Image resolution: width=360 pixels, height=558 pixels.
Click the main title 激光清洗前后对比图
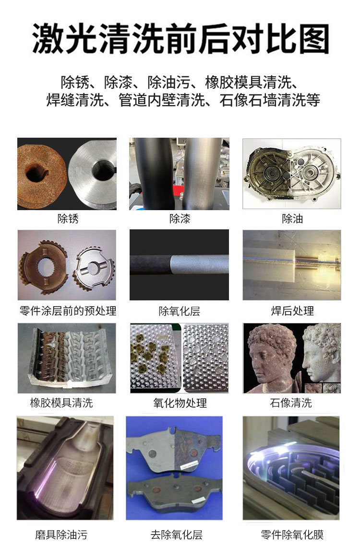click(x=180, y=39)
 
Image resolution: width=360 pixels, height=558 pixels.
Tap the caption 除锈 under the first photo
click(x=68, y=218)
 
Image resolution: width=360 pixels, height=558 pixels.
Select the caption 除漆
click(x=180, y=218)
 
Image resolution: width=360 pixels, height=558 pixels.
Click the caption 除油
click(x=292, y=218)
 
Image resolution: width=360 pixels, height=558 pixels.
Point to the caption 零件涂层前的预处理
click(x=68, y=311)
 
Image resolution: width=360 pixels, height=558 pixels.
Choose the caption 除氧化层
click(x=180, y=311)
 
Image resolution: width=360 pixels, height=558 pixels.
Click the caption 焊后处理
click(x=292, y=311)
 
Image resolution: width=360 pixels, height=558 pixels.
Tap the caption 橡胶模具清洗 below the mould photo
click(x=61, y=403)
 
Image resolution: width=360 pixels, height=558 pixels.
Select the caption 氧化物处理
click(x=180, y=403)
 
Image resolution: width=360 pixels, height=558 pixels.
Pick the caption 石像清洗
click(x=291, y=403)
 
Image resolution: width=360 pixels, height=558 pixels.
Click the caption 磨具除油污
click(x=61, y=534)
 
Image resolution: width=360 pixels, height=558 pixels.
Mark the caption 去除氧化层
click(x=177, y=534)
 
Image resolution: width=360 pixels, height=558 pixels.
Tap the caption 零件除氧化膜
click(x=292, y=534)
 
